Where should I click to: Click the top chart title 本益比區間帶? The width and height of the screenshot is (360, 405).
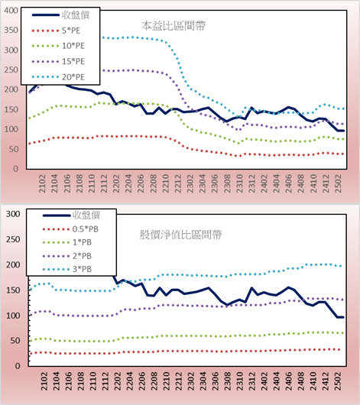pyautogui.click(x=174, y=26)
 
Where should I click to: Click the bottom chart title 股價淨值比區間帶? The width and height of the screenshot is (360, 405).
pyautogui.click(x=180, y=235)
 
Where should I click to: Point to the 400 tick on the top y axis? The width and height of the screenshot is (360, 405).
pyautogui.click(x=11, y=11)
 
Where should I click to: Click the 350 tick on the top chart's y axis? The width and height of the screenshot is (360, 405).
pyautogui.click(x=11, y=31)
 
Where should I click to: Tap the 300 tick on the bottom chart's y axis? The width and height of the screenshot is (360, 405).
pyautogui.click(x=13, y=214)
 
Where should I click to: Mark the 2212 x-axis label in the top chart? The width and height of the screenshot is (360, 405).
pyautogui.click(x=178, y=183)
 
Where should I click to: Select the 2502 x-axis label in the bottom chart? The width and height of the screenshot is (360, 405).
pyautogui.click(x=338, y=381)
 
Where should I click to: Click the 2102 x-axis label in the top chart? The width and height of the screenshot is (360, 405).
pyautogui.click(x=42, y=183)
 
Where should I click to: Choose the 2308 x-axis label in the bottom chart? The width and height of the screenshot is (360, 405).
pyautogui.click(x=227, y=381)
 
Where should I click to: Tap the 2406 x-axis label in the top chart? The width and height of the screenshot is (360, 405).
pyautogui.click(x=289, y=183)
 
